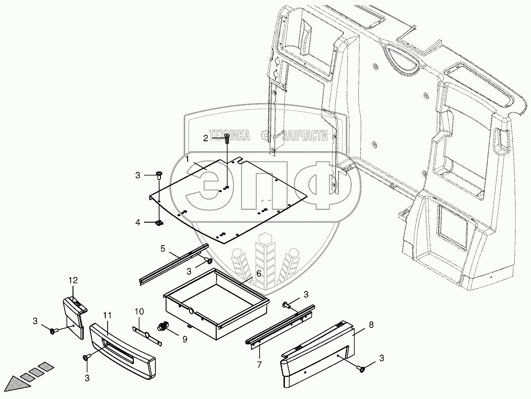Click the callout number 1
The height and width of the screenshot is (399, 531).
pos(187,159)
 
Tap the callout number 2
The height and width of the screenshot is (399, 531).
pos(205,138)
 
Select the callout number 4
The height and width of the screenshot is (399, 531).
pos(138,223)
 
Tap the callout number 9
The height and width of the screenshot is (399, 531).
pos(184,340)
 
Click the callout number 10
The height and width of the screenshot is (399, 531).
pos(139,311)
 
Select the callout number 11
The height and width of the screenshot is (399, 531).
pos(108,317)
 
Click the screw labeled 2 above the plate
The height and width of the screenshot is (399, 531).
pos(227,137)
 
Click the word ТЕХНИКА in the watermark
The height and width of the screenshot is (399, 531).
pos(230,136)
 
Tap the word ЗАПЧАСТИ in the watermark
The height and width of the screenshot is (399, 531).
pos(304,136)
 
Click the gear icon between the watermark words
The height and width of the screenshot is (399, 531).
pos(266,136)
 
